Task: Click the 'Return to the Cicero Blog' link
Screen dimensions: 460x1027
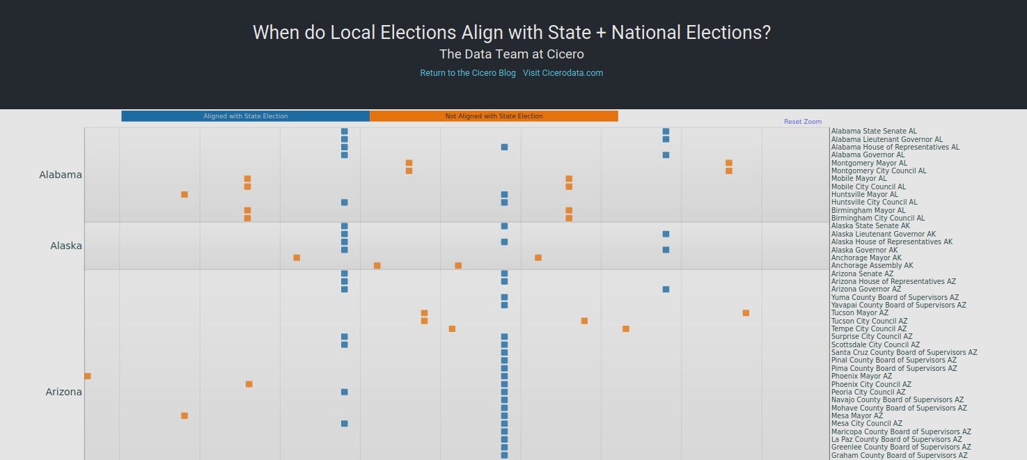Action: [467, 73]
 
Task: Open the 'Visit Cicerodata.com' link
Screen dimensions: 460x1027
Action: [563, 73]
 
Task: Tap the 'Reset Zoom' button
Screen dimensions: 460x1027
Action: [802, 122]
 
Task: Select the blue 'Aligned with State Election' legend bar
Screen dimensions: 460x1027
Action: [245, 116]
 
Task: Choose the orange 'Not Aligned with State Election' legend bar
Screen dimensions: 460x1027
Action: [494, 116]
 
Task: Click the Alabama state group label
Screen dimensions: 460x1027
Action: [61, 175]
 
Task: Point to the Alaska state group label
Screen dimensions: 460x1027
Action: [66, 246]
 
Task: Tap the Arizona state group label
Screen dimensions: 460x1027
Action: [64, 392]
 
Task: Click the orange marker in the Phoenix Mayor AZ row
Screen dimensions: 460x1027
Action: [88, 376]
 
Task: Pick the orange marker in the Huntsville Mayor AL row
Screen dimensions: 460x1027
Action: [185, 195]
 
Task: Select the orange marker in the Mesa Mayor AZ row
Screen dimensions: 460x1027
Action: [185, 416]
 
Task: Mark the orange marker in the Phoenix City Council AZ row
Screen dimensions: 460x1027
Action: [249, 384]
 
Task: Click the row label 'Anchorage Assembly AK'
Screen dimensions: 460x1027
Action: [872, 266]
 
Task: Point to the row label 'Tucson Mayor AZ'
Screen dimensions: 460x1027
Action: [859, 313]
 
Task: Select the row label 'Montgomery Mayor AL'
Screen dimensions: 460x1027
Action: [869, 164]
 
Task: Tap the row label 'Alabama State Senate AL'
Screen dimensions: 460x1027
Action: [874, 132]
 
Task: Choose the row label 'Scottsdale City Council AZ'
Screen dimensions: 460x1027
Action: [875, 344]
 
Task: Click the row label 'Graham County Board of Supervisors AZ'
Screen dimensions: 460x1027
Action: [899, 456]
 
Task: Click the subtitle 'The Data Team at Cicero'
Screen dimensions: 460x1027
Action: [511, 54]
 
